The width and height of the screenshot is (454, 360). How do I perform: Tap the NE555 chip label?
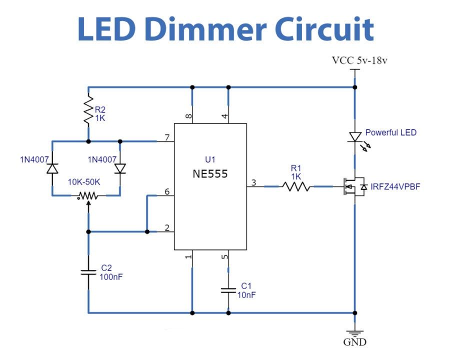[210, 174]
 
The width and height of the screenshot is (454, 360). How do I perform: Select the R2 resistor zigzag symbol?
[88, 109]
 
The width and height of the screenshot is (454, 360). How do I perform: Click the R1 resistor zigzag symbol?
[296, 186]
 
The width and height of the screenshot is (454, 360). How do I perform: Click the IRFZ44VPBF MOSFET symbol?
[354, 186]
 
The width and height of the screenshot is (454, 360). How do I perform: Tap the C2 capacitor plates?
[88, 272]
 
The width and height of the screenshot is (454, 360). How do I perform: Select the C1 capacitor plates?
[228, 290]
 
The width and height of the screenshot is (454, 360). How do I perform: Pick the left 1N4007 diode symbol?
[52, 168]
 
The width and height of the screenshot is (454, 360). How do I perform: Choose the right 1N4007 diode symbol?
[120, 168]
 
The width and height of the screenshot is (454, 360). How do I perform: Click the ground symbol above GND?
[355, 333]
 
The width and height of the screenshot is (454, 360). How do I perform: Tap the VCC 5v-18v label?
[359, 60]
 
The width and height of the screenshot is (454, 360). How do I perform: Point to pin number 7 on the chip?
[167, 137]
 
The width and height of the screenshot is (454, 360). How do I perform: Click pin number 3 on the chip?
[253, 182]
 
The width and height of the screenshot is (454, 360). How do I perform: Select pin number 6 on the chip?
[167, 191]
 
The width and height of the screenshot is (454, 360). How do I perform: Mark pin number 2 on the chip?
[167, 227]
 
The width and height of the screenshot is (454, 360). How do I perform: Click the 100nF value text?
[111, 277]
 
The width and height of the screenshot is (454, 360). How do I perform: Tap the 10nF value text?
[246, 295]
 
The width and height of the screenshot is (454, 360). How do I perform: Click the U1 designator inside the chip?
[210, 159]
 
